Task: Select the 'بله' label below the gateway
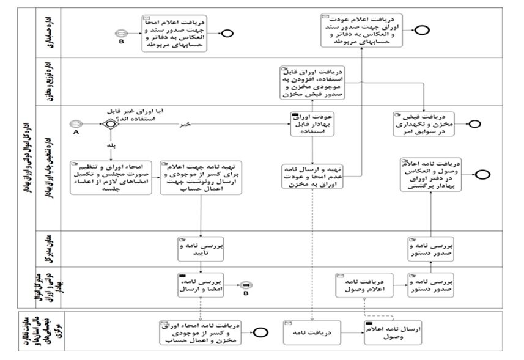[x=111, y=147]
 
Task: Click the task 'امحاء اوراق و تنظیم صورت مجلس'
[x=110, y=178]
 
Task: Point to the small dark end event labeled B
[x=246, y=285]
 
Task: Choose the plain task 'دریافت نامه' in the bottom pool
[x=311, y=332]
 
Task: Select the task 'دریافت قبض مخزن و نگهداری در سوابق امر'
[x=428, y=122]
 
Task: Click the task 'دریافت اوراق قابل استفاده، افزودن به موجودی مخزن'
[x=311, y=83]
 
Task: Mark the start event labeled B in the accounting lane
[x=122, y=34]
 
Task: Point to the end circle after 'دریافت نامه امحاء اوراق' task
[x=261, y=332]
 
